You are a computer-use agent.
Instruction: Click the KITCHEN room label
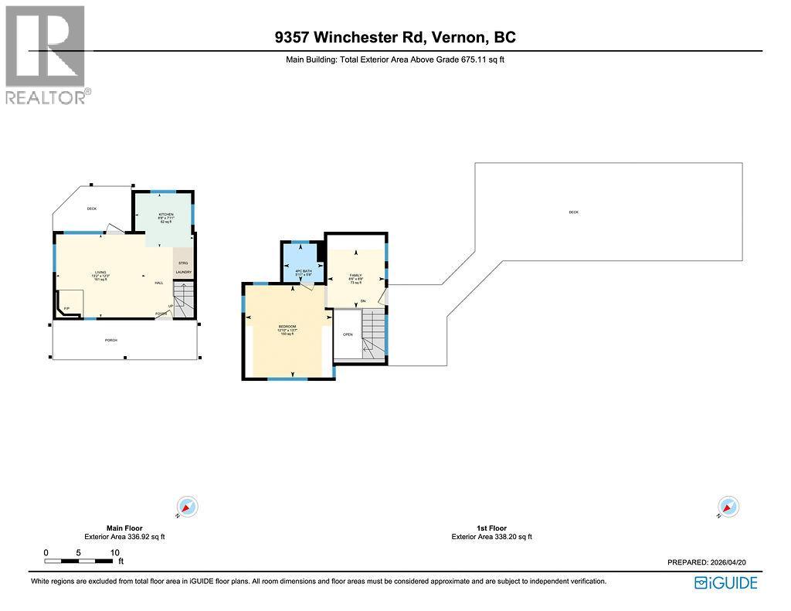pos(166,214)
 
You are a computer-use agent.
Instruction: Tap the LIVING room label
pos(100,272)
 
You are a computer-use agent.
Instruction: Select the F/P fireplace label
pos(67,308)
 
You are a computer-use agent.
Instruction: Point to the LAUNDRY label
pos(183,272)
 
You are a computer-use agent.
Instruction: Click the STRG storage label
pos(183,263)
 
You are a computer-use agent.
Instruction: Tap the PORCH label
pos(111,340)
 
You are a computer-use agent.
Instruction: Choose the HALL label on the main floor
pos(159,283)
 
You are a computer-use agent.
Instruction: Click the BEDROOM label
pos(287,327)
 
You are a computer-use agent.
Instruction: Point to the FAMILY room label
pos(356,274)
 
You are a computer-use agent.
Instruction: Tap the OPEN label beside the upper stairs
pos(348,334)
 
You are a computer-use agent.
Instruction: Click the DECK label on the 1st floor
pos(573,212)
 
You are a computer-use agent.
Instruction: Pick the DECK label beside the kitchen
pos(91,208)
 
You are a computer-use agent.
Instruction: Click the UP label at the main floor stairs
pos(170,306)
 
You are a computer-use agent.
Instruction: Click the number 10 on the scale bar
pos(114,552)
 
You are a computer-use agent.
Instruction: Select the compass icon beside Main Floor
pos(188,507)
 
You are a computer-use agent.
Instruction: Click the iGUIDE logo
pos(725,582)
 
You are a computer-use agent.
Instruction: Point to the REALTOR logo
pos(46,54)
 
